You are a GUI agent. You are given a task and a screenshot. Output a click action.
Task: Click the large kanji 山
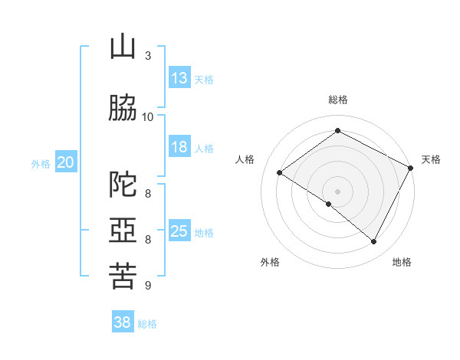coord(123,47)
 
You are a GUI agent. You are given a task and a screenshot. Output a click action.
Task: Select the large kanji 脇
coord(123,107)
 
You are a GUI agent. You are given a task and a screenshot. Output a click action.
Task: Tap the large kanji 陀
coord(123,184)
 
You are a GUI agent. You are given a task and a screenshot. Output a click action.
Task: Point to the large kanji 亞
coord(123,230)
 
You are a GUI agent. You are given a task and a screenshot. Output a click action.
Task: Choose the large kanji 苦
coord(123,276)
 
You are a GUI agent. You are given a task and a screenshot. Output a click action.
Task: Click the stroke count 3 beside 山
coord(148,55)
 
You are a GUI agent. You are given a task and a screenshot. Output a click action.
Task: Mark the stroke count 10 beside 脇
coord(147,117)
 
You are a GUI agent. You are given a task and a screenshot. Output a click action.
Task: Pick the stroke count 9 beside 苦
coord(148,285)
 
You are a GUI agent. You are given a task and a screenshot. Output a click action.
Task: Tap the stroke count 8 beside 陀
coord(148,193)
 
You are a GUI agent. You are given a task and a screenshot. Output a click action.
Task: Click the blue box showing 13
coord(179,77)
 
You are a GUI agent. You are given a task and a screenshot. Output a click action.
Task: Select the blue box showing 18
coord(179,146)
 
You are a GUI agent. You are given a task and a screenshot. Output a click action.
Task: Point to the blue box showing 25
coord(179,230)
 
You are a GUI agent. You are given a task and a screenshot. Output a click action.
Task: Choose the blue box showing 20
coord(66,162)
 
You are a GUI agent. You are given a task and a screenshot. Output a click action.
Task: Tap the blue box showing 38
coord(123,321)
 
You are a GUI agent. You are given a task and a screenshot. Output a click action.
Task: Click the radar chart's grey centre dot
coord(337,191)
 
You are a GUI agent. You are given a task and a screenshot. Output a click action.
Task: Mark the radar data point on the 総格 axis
coord(337,130)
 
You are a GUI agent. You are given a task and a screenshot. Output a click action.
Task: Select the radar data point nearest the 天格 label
coord(410,168)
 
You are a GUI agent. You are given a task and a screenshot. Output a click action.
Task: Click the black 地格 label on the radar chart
coord(402,262)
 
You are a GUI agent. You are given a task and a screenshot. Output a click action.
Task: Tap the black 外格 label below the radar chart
coord(270,262)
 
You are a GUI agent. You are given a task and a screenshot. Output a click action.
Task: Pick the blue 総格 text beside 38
coord(147,324)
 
